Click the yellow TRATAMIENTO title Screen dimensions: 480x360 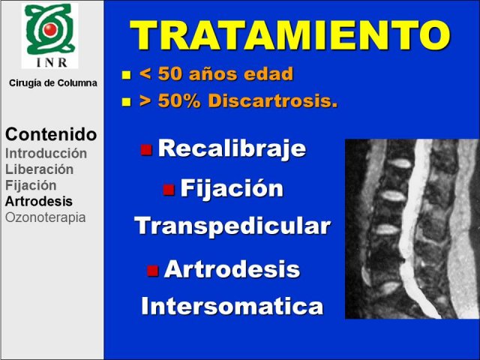289,34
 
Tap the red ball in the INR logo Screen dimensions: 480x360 50,29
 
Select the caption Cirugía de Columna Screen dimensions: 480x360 53,83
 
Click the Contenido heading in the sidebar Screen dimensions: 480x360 51,134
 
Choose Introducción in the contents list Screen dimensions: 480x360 46,153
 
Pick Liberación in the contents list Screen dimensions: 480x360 40,169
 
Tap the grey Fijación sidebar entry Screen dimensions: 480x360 31,185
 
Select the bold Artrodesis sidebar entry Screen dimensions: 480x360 39,202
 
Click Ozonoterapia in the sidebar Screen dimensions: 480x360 46,217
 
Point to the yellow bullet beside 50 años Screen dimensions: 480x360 126,75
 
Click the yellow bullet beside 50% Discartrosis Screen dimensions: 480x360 126,102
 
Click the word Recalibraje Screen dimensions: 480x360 232,148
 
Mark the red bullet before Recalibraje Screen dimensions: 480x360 146,150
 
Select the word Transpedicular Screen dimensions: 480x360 232,226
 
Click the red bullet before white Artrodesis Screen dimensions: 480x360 152,270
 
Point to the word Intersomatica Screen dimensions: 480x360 232,306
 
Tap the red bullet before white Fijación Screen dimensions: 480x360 169,190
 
